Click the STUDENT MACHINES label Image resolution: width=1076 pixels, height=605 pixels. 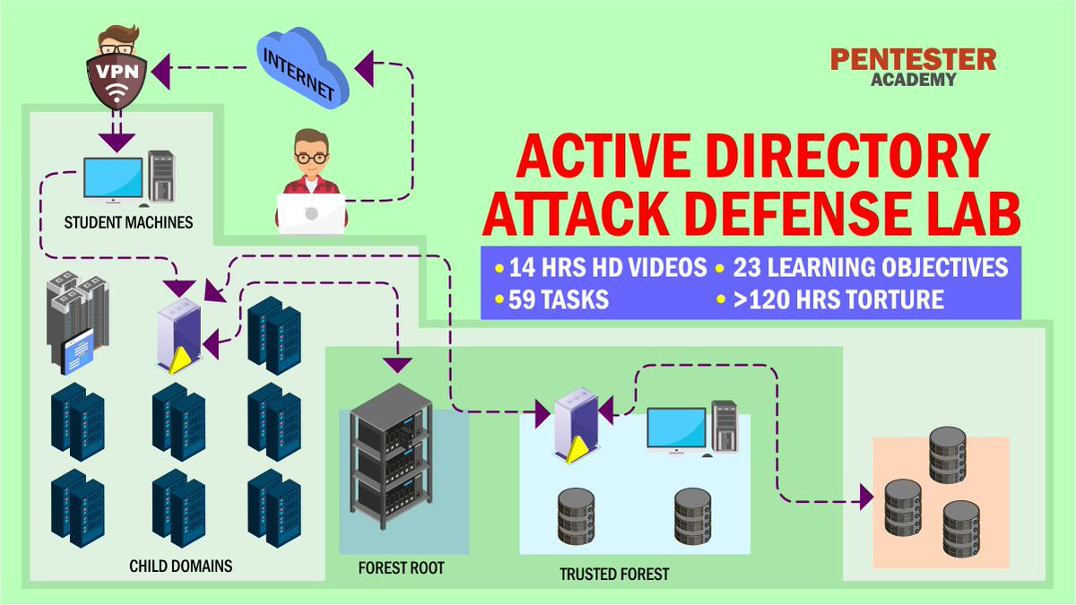pos(128,221)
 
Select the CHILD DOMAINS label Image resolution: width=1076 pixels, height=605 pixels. pos(181,566)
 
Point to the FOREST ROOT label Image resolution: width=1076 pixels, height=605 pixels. pos(401,568)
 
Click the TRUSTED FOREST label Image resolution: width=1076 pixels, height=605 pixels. pos(614,574)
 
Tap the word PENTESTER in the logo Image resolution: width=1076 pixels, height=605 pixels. pos(913,60)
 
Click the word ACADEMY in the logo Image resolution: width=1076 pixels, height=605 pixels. pos(913,80)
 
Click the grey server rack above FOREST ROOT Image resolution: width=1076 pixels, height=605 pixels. pos(391,457)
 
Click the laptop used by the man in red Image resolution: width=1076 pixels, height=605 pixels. pos(311,213)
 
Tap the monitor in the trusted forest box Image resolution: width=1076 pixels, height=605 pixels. pos(677,428)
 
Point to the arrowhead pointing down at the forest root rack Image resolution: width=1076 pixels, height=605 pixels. pos(397,365)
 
